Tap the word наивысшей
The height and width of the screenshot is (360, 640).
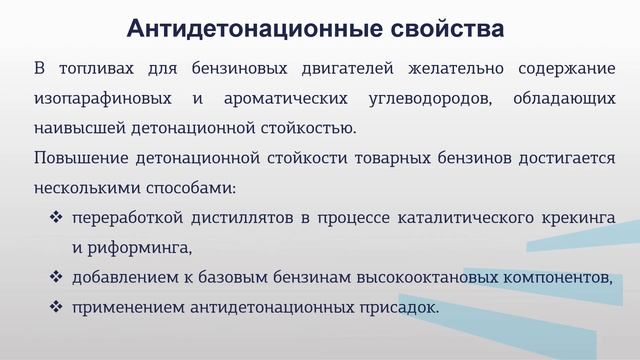coord(77,129)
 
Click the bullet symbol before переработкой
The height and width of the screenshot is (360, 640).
coord(57,217)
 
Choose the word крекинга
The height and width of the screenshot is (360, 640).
coord(577,217)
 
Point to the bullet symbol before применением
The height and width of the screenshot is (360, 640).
coord(57,306)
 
